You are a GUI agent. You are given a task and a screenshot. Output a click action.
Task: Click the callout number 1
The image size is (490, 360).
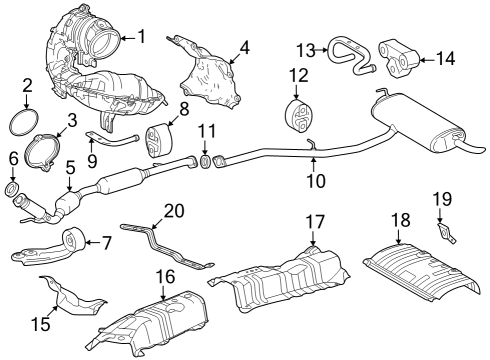click(x=141, y=38)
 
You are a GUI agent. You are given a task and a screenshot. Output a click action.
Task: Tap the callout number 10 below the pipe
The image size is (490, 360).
click(x=315, y=181)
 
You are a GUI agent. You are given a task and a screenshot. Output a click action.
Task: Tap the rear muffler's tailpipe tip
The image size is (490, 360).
click(x=478, y=158)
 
